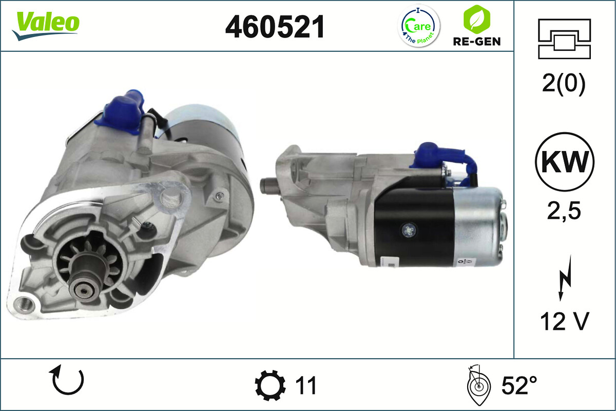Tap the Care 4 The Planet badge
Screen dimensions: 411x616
pyautogui.click(x=419, y=26)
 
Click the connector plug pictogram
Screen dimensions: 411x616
pyautogui.click(x=564, y=39)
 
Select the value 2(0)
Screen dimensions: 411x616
pyautogui.click(x=564, y=84)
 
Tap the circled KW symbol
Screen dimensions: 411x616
pyautogui.click(x=565, y=162)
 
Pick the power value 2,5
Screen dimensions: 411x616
pyautogui.click(x=564, y=211)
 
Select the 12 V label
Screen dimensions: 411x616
pyautogui.click(x=564, y=322)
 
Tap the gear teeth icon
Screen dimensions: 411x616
pyautogui.click(x=270, y=386)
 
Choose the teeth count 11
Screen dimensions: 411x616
pyautogui.click(x=306, y=385)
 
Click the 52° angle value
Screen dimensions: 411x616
pyautogui.click(x=519, y=385)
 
